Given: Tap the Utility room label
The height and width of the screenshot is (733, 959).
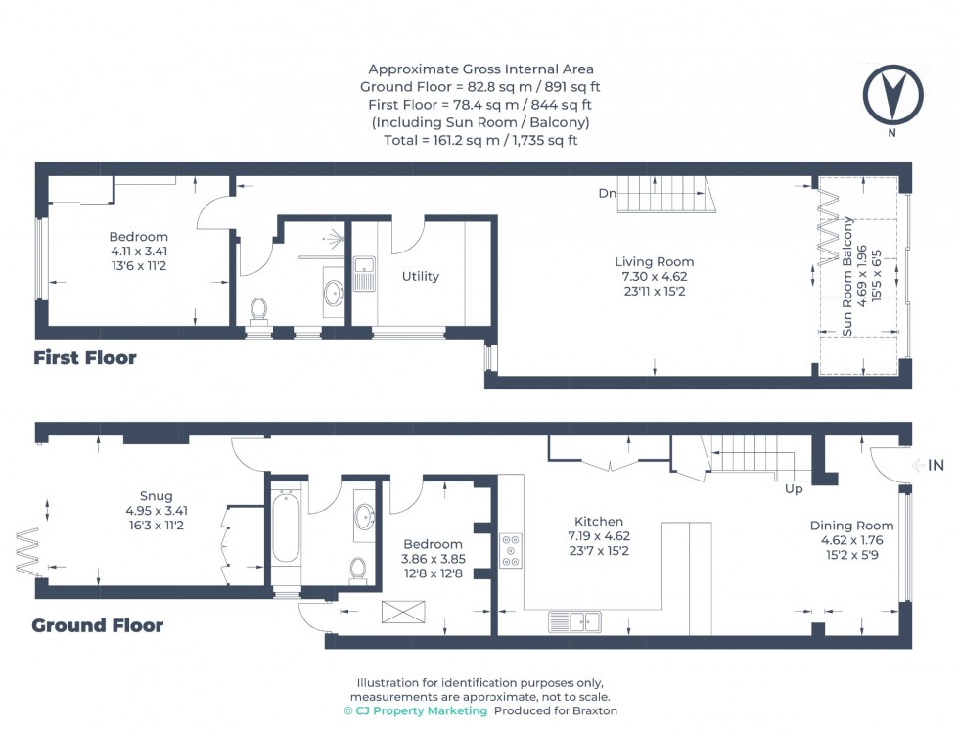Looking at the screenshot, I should [421, 277].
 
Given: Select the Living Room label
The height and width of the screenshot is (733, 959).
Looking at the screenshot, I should [654, 261].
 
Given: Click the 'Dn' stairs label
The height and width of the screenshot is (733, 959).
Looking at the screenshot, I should [608, 194].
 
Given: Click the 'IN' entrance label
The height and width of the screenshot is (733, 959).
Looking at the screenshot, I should [936, 466].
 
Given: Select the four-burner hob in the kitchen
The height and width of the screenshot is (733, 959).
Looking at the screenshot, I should [512, 551].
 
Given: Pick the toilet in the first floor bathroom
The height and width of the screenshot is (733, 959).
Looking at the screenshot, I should [259, 309].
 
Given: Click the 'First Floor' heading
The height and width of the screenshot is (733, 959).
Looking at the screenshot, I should [85, 358].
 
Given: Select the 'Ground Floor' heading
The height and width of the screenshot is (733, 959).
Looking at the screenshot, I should [97, 625].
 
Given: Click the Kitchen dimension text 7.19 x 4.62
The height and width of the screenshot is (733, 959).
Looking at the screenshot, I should [599, 535].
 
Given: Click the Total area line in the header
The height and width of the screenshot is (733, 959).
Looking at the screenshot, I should [480, 140].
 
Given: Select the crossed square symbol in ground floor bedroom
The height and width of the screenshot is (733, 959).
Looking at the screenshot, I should [398, 613].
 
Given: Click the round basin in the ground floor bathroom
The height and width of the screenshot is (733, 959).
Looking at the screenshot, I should [363, 515].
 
